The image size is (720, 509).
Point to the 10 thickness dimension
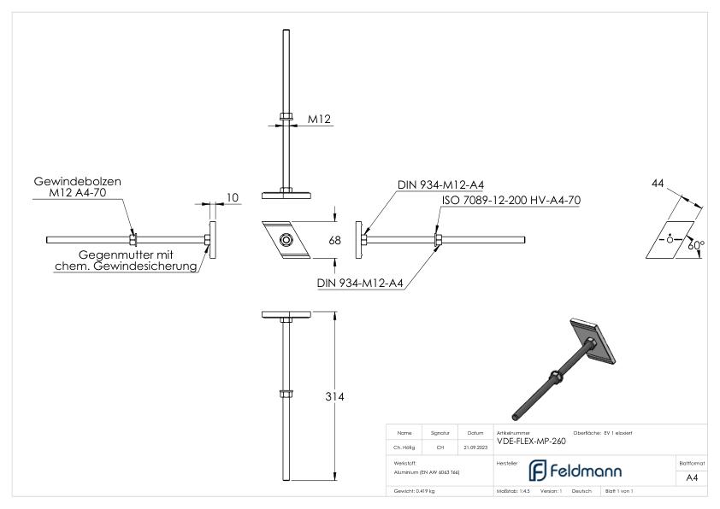click(x=233, y=198)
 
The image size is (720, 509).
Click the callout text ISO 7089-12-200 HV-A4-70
click(x=511, y=200)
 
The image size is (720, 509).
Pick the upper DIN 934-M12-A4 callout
click(x=441, y=184)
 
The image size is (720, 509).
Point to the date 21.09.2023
click(x=475, y=446)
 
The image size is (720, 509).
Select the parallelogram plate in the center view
click(x=286, y=240)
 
